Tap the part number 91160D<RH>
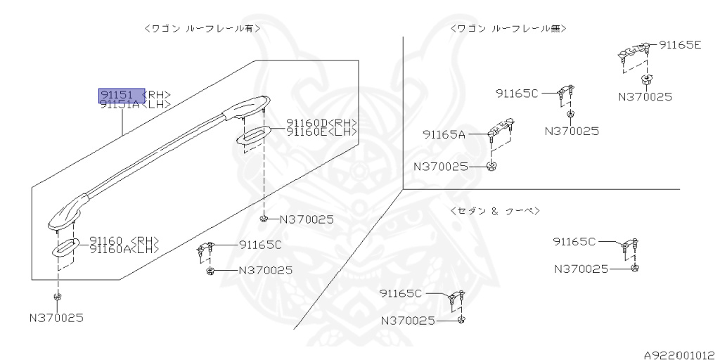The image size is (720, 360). point(321,122)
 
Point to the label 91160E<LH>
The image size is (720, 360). point(321,131)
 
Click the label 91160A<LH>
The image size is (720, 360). point(124,249)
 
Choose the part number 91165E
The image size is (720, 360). point(681,44)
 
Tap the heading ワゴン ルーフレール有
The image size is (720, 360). point(202,28)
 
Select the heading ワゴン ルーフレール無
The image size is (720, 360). point(508,28)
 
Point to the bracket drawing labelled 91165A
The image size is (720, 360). point(501,130)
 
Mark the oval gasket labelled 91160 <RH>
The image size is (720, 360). point(67,247)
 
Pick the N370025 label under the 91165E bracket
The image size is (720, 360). point(645,96)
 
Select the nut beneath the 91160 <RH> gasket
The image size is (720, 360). point(57,296)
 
